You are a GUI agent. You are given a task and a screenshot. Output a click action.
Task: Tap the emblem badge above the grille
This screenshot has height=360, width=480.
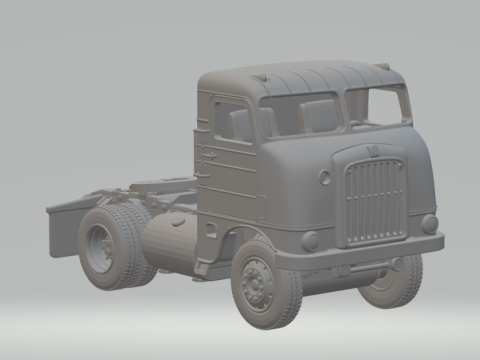coord(369,151)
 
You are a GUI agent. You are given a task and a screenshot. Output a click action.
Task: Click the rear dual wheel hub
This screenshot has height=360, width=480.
coord(101,248)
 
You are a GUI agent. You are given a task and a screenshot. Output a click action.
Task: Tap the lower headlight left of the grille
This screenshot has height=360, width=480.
coord(310,241)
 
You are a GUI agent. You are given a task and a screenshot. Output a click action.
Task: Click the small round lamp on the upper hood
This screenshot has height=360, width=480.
coord(325,177)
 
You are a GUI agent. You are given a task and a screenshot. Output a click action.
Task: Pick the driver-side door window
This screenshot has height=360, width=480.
coord(232,122)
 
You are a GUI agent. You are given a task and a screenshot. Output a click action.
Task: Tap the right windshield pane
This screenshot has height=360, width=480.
coord(377,106)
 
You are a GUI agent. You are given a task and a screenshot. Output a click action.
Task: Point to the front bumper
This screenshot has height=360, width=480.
coord(360,254)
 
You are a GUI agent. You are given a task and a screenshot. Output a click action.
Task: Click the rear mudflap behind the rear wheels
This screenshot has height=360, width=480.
coord(62,229)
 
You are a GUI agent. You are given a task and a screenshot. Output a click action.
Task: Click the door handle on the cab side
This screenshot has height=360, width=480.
coord(208,155)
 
